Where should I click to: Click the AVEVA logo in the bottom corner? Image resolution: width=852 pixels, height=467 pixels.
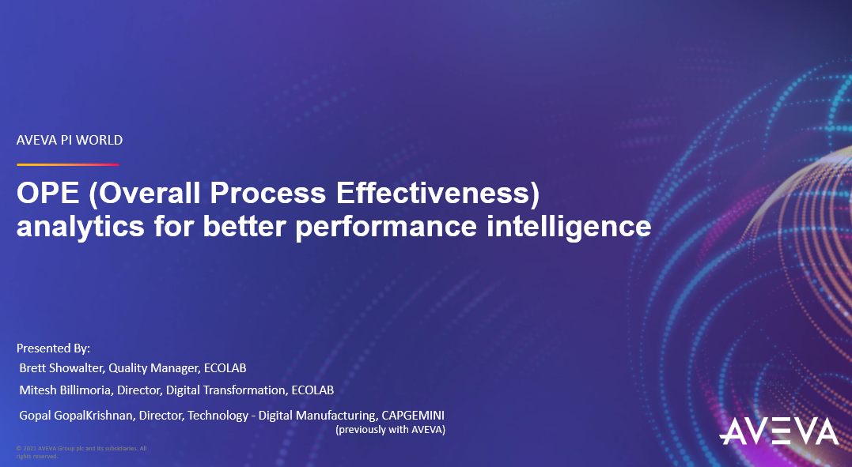(778, 431)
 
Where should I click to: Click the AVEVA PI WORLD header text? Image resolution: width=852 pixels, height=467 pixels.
(70, 141)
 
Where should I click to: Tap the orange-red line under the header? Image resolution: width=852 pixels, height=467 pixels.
(67, 164)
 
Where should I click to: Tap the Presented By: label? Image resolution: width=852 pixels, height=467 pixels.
(54, 348)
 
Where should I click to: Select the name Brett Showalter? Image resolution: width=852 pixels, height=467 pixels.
(60, 368)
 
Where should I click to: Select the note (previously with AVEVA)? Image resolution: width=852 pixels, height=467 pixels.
(391, 430)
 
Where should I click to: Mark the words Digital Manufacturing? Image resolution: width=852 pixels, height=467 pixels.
(314, 416)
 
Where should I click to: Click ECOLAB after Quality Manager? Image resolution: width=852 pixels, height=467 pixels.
(225, 368)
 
